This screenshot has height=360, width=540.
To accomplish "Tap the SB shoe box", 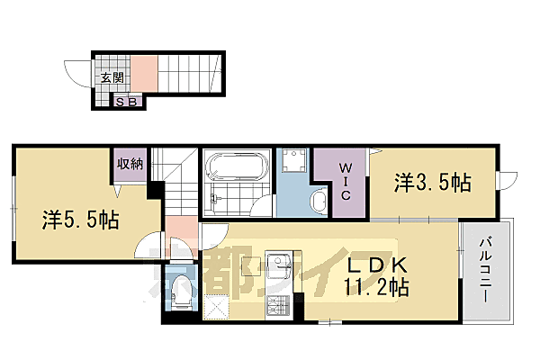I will [x=127, y=102].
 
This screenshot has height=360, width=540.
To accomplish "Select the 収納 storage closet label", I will [x=129, y=164].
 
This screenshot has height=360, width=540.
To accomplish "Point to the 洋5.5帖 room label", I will [x=81, y=219].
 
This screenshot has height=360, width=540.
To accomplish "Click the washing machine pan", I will [x=295, y=166].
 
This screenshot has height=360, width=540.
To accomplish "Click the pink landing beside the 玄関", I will [x=146, y=73].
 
